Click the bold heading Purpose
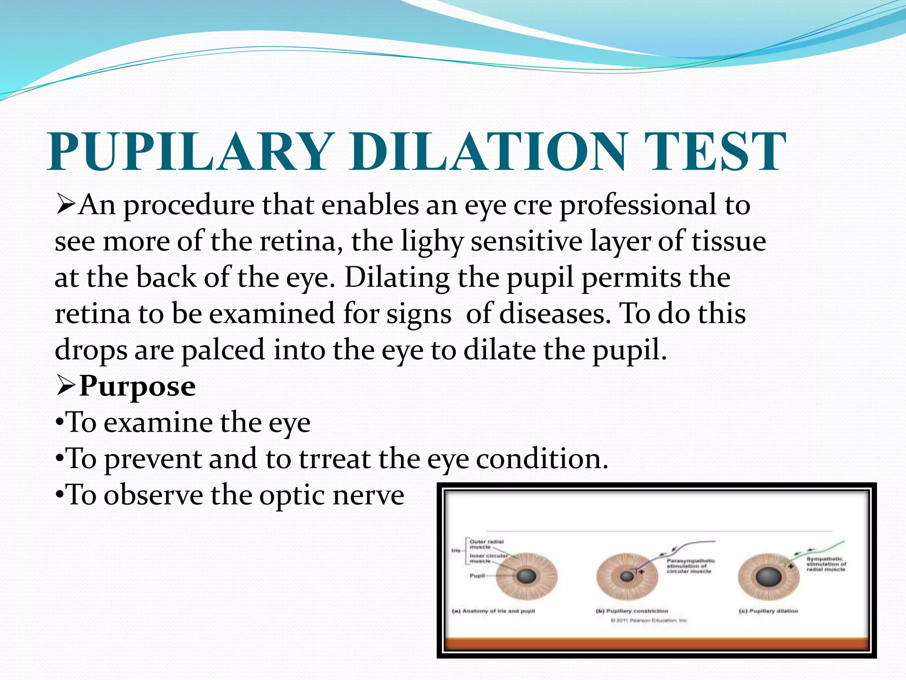137,386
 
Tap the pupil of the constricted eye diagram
626,576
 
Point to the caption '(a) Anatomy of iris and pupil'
493,611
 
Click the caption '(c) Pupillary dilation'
768,611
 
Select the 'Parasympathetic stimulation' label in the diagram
690,566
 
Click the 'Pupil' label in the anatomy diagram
476,576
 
